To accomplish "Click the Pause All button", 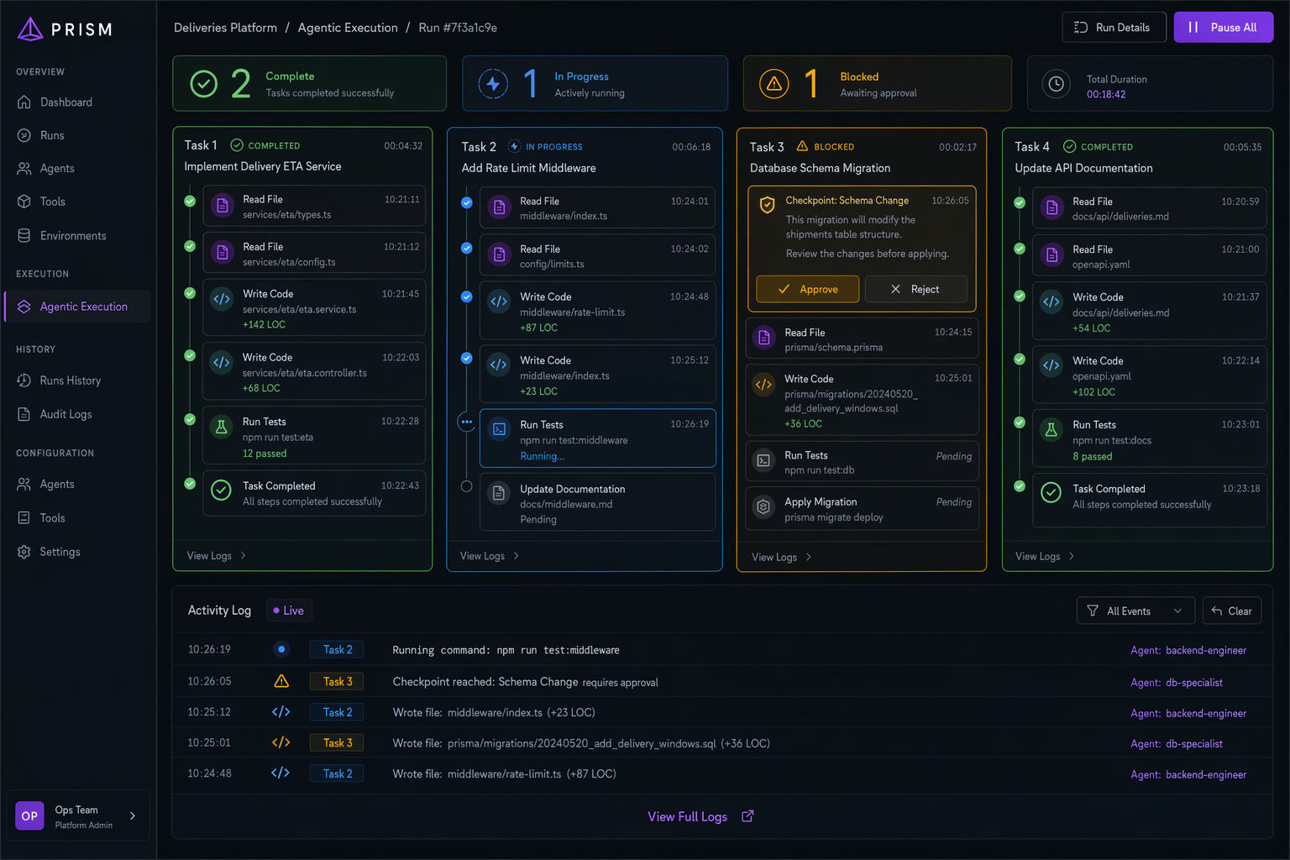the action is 1223,27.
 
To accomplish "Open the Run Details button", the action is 1113,27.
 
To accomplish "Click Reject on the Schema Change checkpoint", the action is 915,289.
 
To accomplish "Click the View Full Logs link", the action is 700,817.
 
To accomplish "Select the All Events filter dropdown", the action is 1135,611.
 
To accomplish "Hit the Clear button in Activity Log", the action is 1232,611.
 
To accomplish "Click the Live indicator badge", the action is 289,611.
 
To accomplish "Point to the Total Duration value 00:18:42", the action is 1106,94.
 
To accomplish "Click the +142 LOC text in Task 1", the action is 264,324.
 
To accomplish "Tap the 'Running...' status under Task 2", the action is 542,456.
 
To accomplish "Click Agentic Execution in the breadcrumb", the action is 348,28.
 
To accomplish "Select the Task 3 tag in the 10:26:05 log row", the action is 337,681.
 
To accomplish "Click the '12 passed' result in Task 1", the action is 265,454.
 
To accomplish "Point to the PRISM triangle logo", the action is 30,29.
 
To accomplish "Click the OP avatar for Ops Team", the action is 29,815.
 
